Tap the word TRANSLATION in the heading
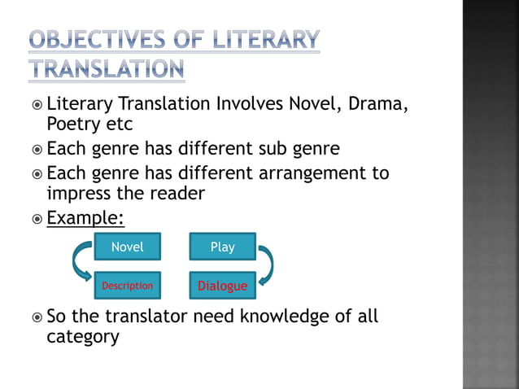pyautogui.click(x=107, y=69)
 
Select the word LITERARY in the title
pyautogui.click(x=268, y=39)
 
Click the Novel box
pyautogui.click(x=127, y=247)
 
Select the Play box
pyautogui.click(x=222, y=247)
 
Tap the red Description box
pyautogui.click(x=127, y=286)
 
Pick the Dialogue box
pyautogui.click(x=222, y=286)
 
